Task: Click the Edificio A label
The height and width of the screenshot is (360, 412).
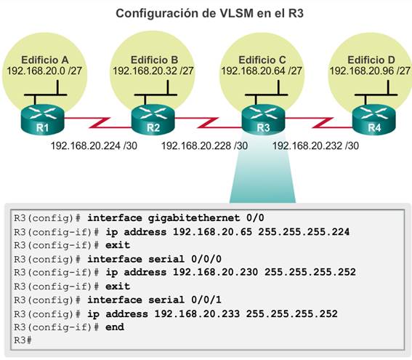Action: tap(45, 60)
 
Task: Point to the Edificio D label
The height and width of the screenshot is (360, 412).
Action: tap(371, 60)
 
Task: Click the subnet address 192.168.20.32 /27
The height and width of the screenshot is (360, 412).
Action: tap(153, 71)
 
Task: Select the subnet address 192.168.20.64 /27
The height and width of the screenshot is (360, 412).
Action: tap(262, 71)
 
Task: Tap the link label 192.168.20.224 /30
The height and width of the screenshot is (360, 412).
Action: tap(94, 145)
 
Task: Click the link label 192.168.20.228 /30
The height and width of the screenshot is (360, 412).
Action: tap(204, 145)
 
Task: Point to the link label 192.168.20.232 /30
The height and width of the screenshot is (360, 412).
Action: tap(315, 145)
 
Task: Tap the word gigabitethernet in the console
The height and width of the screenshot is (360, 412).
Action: tap(194, 218)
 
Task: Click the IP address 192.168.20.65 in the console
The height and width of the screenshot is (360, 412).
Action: tap(213, 232)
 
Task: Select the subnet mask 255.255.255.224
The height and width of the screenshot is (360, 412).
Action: tap(304, 232)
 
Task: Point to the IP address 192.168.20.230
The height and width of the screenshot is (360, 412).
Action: tap(216, 272)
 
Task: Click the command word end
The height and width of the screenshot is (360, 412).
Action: tap(115, 327)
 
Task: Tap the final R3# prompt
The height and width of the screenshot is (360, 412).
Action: tap(23, 340)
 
